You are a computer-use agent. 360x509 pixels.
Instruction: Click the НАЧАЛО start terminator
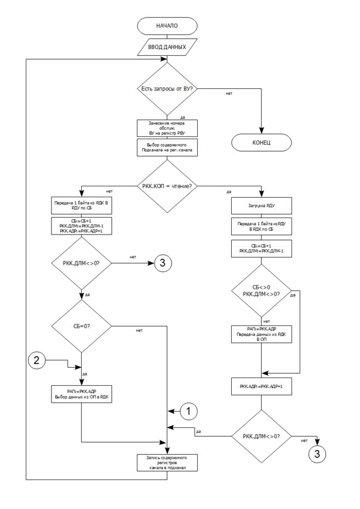pos(167,25)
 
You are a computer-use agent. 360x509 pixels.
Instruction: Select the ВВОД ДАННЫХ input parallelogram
pos(167,48)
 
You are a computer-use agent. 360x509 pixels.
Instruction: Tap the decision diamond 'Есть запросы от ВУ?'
pos(167,88)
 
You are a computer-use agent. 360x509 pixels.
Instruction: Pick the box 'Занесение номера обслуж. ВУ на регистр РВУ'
pos(167,128)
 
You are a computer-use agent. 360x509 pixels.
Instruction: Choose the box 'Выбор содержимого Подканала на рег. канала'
pos(167,148)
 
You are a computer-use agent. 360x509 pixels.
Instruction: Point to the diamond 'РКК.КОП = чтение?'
pos(167,187)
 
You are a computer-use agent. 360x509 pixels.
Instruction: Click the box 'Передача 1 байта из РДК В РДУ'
pos(81,205)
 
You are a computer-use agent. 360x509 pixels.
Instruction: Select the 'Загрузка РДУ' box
pos(261,207)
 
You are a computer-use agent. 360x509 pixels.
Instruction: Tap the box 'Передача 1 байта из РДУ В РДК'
pos(261,227)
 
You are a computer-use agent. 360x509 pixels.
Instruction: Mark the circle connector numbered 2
pos(37,360)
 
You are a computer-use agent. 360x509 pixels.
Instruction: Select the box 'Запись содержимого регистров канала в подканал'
pos(167,463)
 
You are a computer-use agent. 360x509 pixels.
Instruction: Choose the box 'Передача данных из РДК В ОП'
pos(261,333)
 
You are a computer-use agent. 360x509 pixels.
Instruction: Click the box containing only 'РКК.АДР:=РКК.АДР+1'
pos(261,386)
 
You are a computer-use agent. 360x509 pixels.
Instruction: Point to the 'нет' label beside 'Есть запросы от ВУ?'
pos(229,93)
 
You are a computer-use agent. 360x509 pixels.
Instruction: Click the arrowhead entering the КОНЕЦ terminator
pos(261,131)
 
